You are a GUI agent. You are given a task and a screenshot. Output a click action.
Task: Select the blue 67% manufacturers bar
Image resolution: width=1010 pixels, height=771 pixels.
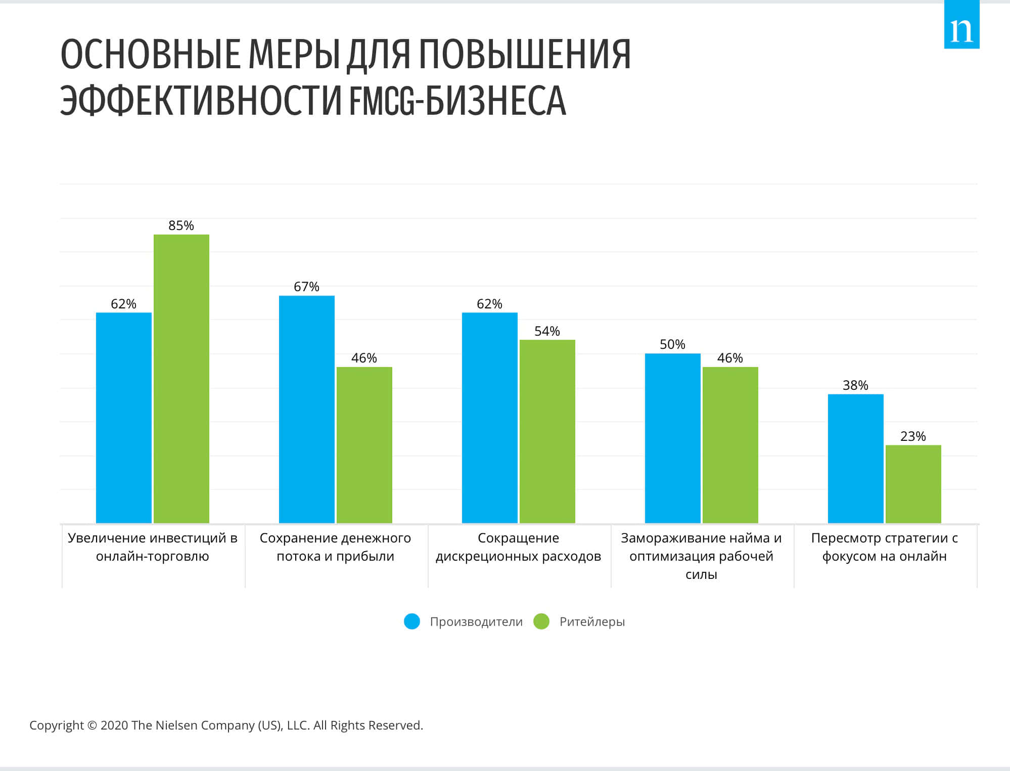tap(307, 409)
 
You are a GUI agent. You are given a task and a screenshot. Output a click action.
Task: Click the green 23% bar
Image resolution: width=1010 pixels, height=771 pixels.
tap(913, 484)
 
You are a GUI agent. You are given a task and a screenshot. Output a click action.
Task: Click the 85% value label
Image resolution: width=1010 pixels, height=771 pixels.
tap(181, 225)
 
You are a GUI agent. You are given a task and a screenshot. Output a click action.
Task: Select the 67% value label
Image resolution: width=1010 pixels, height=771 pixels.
tap(306, 287)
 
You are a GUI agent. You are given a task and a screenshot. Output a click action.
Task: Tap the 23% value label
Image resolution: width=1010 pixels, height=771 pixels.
tap(913, 436)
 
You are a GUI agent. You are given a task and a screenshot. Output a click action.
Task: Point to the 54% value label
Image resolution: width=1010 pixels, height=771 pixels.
tap(547, 331)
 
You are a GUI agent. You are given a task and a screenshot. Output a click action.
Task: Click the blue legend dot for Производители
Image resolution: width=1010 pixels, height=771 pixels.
tap(412, 621)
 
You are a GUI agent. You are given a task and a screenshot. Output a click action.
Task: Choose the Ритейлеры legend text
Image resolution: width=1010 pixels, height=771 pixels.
tap(592, 622)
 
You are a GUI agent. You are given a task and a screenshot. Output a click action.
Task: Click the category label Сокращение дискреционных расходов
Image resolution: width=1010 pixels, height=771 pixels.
tap(518, 547)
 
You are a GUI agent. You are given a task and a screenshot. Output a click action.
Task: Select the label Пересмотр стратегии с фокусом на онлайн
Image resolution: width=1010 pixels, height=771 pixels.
tap(884, 547)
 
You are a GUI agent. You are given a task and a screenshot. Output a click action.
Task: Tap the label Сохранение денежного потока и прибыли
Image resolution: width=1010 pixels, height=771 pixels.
tap(335, 547)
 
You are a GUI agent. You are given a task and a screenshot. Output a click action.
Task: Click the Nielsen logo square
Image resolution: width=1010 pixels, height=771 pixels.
tap(961, 25)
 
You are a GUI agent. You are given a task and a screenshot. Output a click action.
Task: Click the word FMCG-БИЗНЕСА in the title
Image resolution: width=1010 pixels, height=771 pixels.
tap(457, 100)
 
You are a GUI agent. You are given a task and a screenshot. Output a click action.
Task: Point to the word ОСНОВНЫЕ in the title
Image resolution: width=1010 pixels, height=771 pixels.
tap(150, 54)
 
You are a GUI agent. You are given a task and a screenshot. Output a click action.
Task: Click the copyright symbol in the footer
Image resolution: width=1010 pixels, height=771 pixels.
tap(92, 725)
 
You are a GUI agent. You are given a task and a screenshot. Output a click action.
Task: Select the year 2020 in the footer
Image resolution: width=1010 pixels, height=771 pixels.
tap(114, 725)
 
